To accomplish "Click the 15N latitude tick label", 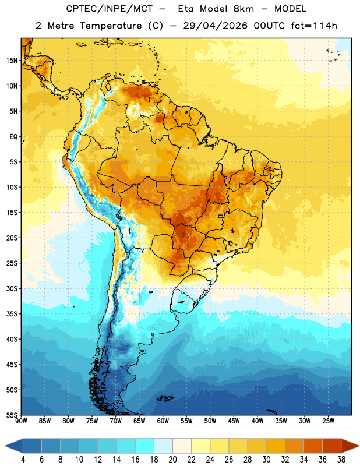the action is (12, 61).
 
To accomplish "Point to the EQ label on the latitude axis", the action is (13, 137).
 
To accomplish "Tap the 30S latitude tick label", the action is (12, 288).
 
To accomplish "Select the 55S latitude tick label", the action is (12, 415).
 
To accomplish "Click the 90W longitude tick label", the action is (21, 421).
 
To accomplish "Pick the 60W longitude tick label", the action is (163, 421).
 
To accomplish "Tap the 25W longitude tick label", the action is (328, 421).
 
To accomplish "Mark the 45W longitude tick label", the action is (234, 421).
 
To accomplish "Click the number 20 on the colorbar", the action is (172, 460).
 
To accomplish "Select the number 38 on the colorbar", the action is (341, 460).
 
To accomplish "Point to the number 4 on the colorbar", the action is (23, 460).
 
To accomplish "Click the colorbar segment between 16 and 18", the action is (144, 446).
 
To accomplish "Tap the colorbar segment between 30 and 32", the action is (276, 446).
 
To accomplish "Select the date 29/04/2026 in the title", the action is (215, 26).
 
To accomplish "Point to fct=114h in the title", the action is (314, 26).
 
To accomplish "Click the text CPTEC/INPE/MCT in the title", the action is (109, 9).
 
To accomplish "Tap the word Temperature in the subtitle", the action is (111, 26).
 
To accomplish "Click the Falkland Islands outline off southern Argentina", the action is (165, 398).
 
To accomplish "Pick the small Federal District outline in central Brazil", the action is (221, 216).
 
